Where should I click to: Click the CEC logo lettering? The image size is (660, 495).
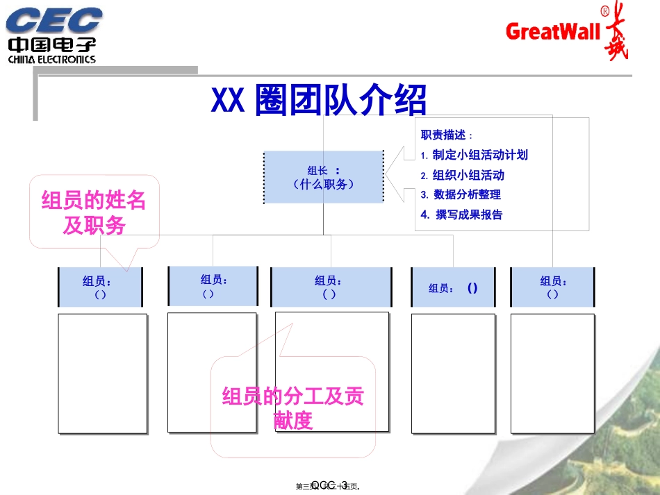pos(54,20)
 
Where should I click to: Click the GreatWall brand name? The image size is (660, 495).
pos(553,31)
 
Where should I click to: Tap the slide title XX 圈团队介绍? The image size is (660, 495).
pos(318,101)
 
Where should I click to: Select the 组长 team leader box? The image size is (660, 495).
pos(324,177)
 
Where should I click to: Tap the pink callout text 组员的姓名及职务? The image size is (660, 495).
pos(94,212)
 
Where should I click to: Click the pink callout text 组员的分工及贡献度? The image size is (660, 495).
pos(292,408)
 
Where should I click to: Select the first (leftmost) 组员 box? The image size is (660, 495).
pos(100,287)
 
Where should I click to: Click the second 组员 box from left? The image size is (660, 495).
pos(213,285)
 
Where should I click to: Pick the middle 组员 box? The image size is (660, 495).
pos(330,287)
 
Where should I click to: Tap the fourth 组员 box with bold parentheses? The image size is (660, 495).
pos(454,287)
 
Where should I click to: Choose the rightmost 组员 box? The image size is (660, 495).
pos(553,287)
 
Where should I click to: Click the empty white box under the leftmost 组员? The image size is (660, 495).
pos(102,374)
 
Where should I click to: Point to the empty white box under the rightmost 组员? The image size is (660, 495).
pos(553,374)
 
